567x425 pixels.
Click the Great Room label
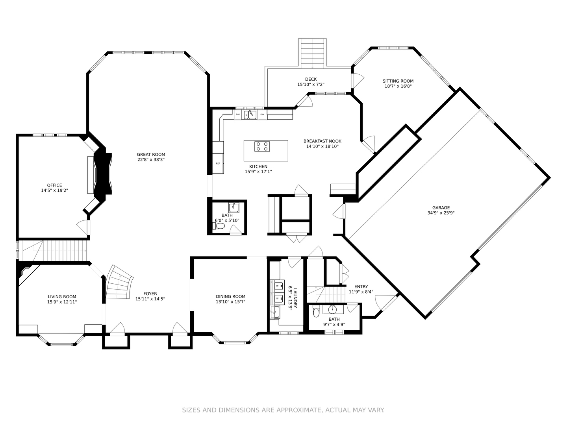(151, 154)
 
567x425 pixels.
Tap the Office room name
(54, 185)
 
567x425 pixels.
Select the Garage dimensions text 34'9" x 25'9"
(441, 213)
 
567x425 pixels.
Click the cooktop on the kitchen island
(262, 146)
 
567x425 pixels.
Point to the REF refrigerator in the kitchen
(218, 163)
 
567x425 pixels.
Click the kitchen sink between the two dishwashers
(250, 115)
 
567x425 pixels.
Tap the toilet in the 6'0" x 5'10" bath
(220, 226)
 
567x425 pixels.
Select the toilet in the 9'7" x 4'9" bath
(316, 313)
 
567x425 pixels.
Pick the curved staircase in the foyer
(119, 283)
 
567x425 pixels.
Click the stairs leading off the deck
(312, 53)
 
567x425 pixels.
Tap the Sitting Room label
(398, 81)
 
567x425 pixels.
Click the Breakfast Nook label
(322, 141)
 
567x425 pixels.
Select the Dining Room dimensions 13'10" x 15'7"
(230, 302)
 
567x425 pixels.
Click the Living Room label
(62, 297)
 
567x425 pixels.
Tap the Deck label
(311, 79)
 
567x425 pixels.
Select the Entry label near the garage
(361, 286)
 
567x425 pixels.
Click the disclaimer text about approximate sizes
(283, 410)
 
